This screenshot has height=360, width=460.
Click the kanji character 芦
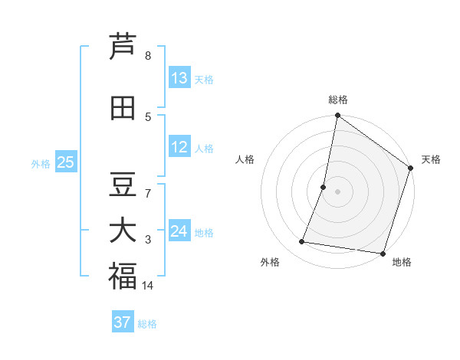point(123,47)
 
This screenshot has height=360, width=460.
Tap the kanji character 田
point(123,108)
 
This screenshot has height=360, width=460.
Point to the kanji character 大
point(123,231)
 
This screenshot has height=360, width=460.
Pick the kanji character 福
point(123,277)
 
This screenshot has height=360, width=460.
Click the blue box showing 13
point(179,78)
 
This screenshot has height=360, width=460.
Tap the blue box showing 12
point(179,147)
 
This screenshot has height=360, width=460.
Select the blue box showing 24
point(179,231)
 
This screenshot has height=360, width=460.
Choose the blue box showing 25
point(65,162)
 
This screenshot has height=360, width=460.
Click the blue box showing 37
point(122,322)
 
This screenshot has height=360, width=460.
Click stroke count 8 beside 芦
point(148,56)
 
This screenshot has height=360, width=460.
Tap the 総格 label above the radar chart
point(337,100)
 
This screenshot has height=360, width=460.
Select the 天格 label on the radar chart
point(431,159)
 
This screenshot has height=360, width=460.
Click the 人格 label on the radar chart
point(245,159)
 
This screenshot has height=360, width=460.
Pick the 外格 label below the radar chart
point(270,262)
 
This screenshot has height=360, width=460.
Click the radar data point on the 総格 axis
point(337,116)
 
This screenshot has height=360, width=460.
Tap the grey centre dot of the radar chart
point(337,191)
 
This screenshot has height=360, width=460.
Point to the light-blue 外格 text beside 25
point(40,163)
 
